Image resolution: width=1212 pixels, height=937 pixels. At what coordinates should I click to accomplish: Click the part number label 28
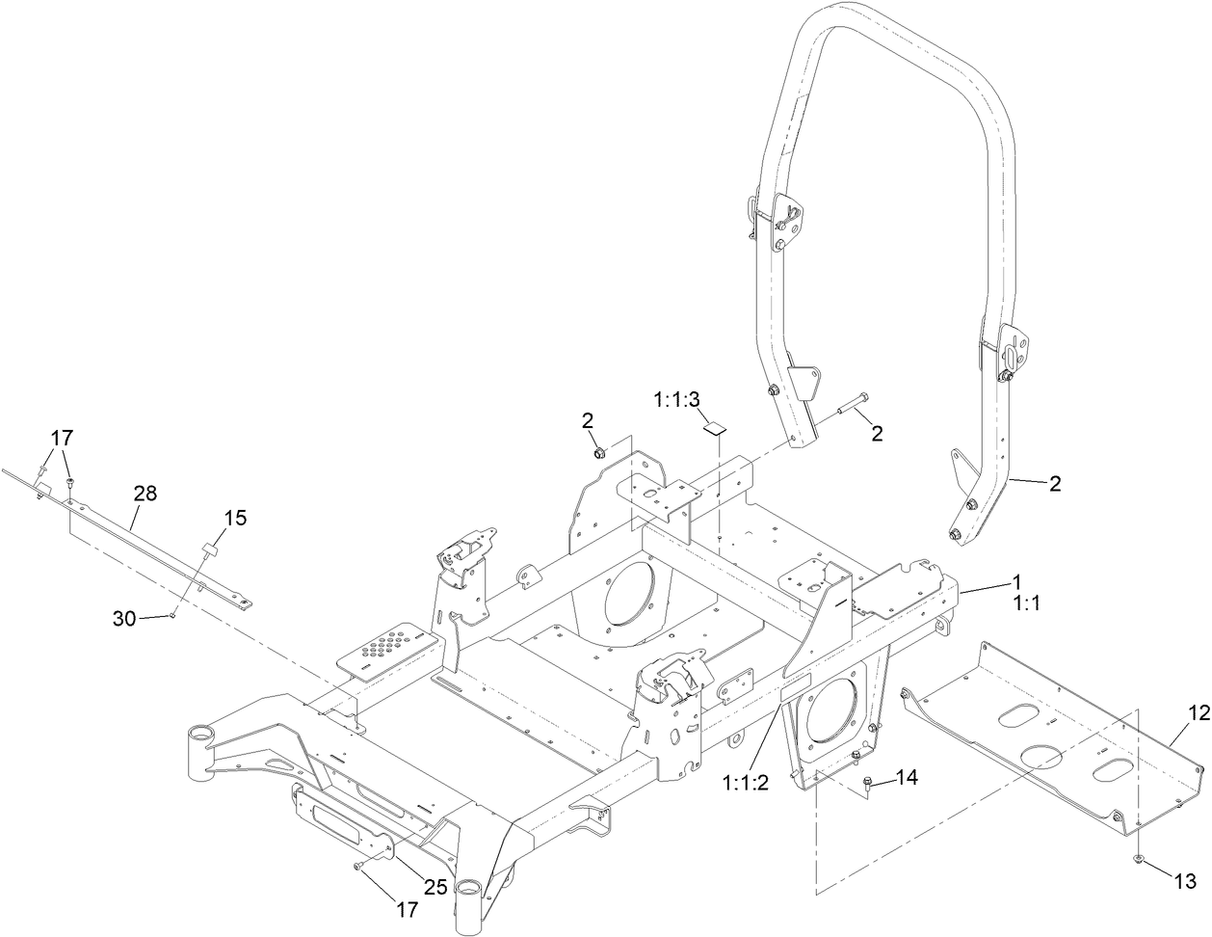pos(145,494)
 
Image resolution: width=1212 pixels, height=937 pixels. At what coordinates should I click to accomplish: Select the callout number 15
pos(236,518)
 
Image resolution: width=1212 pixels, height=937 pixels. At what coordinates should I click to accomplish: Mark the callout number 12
pos(1198,713)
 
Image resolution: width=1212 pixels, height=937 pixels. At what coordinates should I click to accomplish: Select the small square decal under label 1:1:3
pos(714,427)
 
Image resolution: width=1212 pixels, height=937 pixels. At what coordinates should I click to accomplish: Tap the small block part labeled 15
pos(208,552)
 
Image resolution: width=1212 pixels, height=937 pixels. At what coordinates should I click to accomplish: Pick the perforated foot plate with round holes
pos(389,644)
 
